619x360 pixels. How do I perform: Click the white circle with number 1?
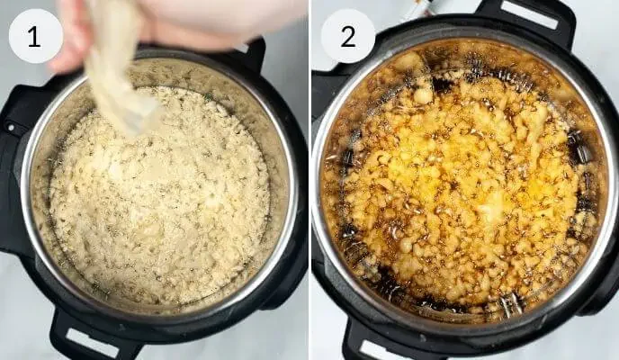click(x=35, y=36)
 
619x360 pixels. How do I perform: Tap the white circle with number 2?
click(x=347, y=36)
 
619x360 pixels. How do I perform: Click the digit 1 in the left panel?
click(x=35, y=36)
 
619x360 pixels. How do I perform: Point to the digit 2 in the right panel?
click(x=347, y=36)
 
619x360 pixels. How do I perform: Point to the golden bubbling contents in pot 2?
click(x=468, y=180)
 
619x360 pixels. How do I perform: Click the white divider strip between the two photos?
click(x=309, y=180)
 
